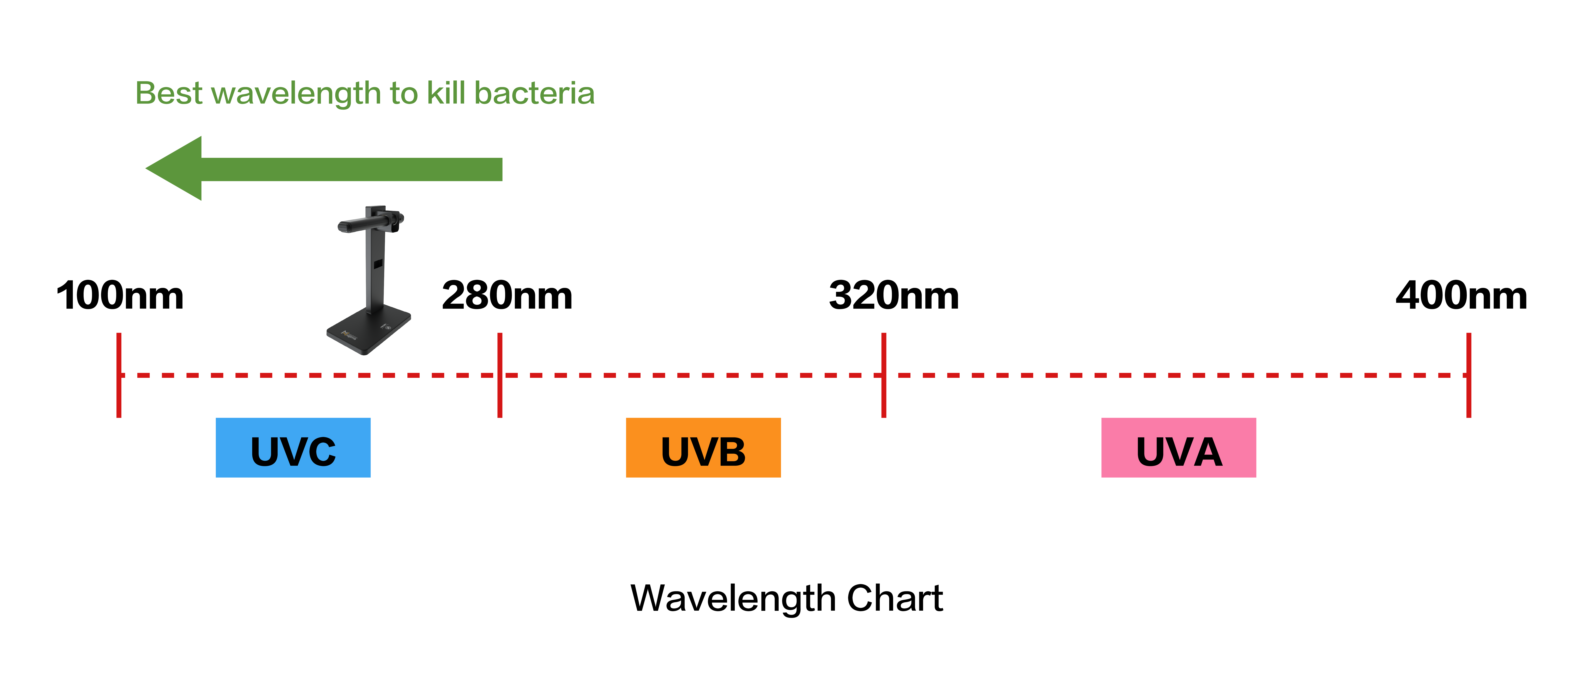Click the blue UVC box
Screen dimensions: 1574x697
[x=293, y=447]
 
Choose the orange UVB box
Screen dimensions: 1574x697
[x=703, y=447]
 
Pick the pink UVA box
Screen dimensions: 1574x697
[x=1179, y=447]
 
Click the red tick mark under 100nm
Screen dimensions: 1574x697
[x=119, y=375]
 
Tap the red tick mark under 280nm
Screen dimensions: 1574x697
[x=500, y=375]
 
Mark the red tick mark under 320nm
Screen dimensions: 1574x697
[x=883, y=375]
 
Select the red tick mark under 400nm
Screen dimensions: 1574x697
[x=1469, y=375]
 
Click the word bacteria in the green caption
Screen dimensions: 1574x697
[x=535, y=93]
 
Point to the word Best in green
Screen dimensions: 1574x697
[x=169, y=93]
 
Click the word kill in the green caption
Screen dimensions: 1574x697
[x=446, y=93]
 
